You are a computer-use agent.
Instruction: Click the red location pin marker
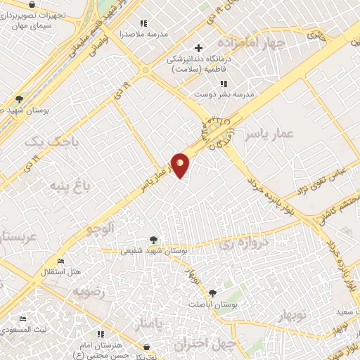(x=181, y=165)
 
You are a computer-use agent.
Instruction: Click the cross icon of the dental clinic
(x=199, y=49)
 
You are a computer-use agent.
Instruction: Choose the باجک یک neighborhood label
(x=43, y=142)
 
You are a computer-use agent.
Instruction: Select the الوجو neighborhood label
(x=100, y=229)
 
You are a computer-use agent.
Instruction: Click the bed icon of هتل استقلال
(x=60, y=261)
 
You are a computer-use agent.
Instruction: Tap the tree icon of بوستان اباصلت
(x=212, y=293)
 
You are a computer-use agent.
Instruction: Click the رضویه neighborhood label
(x=93, y=291)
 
